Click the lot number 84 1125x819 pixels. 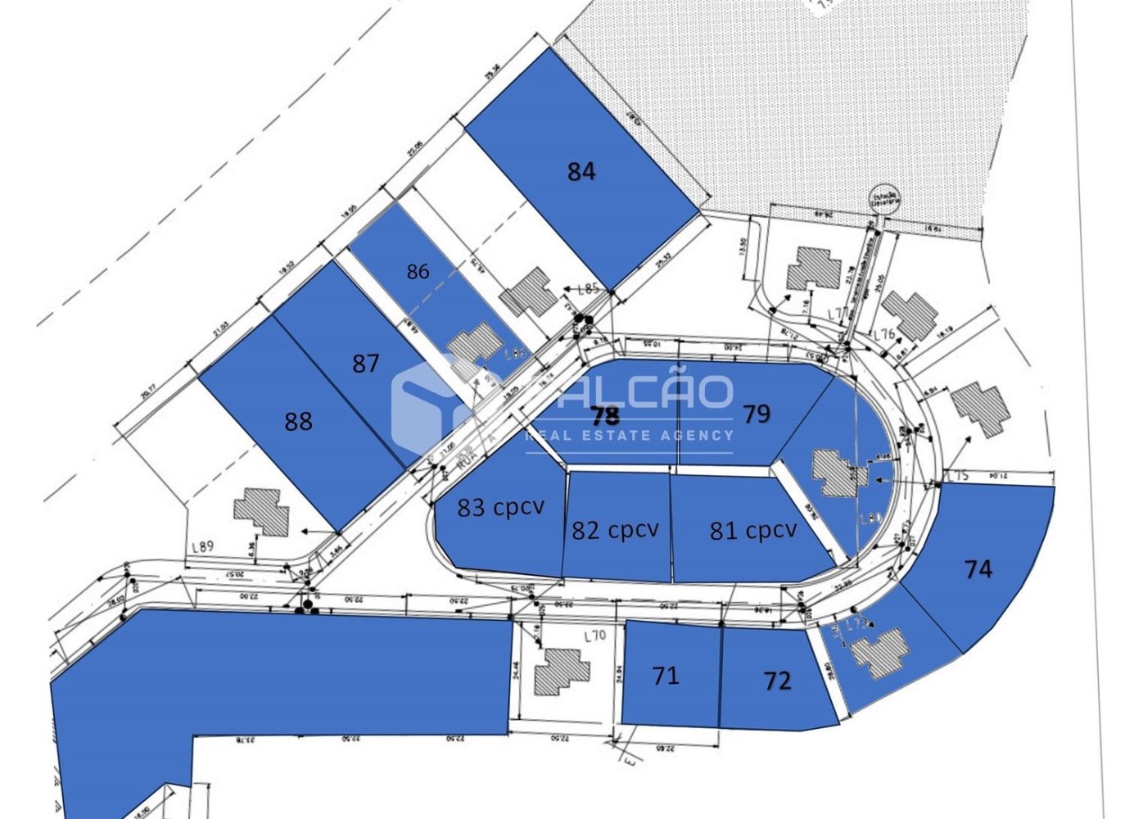tap(581, 171)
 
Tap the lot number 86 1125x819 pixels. tap(418, 271)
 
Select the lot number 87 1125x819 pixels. tap(365, 363)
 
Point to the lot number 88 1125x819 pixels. tap(298, 421)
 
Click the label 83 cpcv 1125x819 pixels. tap(500, 507)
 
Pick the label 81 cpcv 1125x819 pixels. tap(752, 530)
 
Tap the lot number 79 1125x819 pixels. tap(757, 414)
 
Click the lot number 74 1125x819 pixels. tap(978, 568)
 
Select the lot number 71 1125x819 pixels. tap(666, 676)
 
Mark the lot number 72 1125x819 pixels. tap(777, 681)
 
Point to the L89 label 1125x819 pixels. tap(202, 547)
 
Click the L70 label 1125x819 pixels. tap(594, 636)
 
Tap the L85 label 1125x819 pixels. tap(589, 288)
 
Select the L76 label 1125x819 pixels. tap(883, 334)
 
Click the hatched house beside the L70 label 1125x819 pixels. tap(561, 672)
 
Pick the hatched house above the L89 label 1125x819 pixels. tap(262, 512)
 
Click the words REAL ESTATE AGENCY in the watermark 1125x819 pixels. tap(629, 435)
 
